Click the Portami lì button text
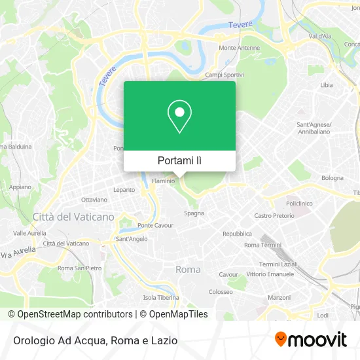point(179,160)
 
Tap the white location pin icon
point(179,117)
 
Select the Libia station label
point(326,85)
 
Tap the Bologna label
point(332,177)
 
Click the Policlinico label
point(300,204)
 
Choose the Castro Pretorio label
point(274,215)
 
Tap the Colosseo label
point(221,291)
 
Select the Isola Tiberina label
point(161,297)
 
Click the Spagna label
point(194,213)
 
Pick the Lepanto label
point(124,190)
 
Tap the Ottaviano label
point(94,199)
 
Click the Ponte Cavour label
point(154,225)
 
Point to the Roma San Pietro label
point(79,268)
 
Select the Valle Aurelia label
point(29,232)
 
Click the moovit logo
point(310,339)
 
